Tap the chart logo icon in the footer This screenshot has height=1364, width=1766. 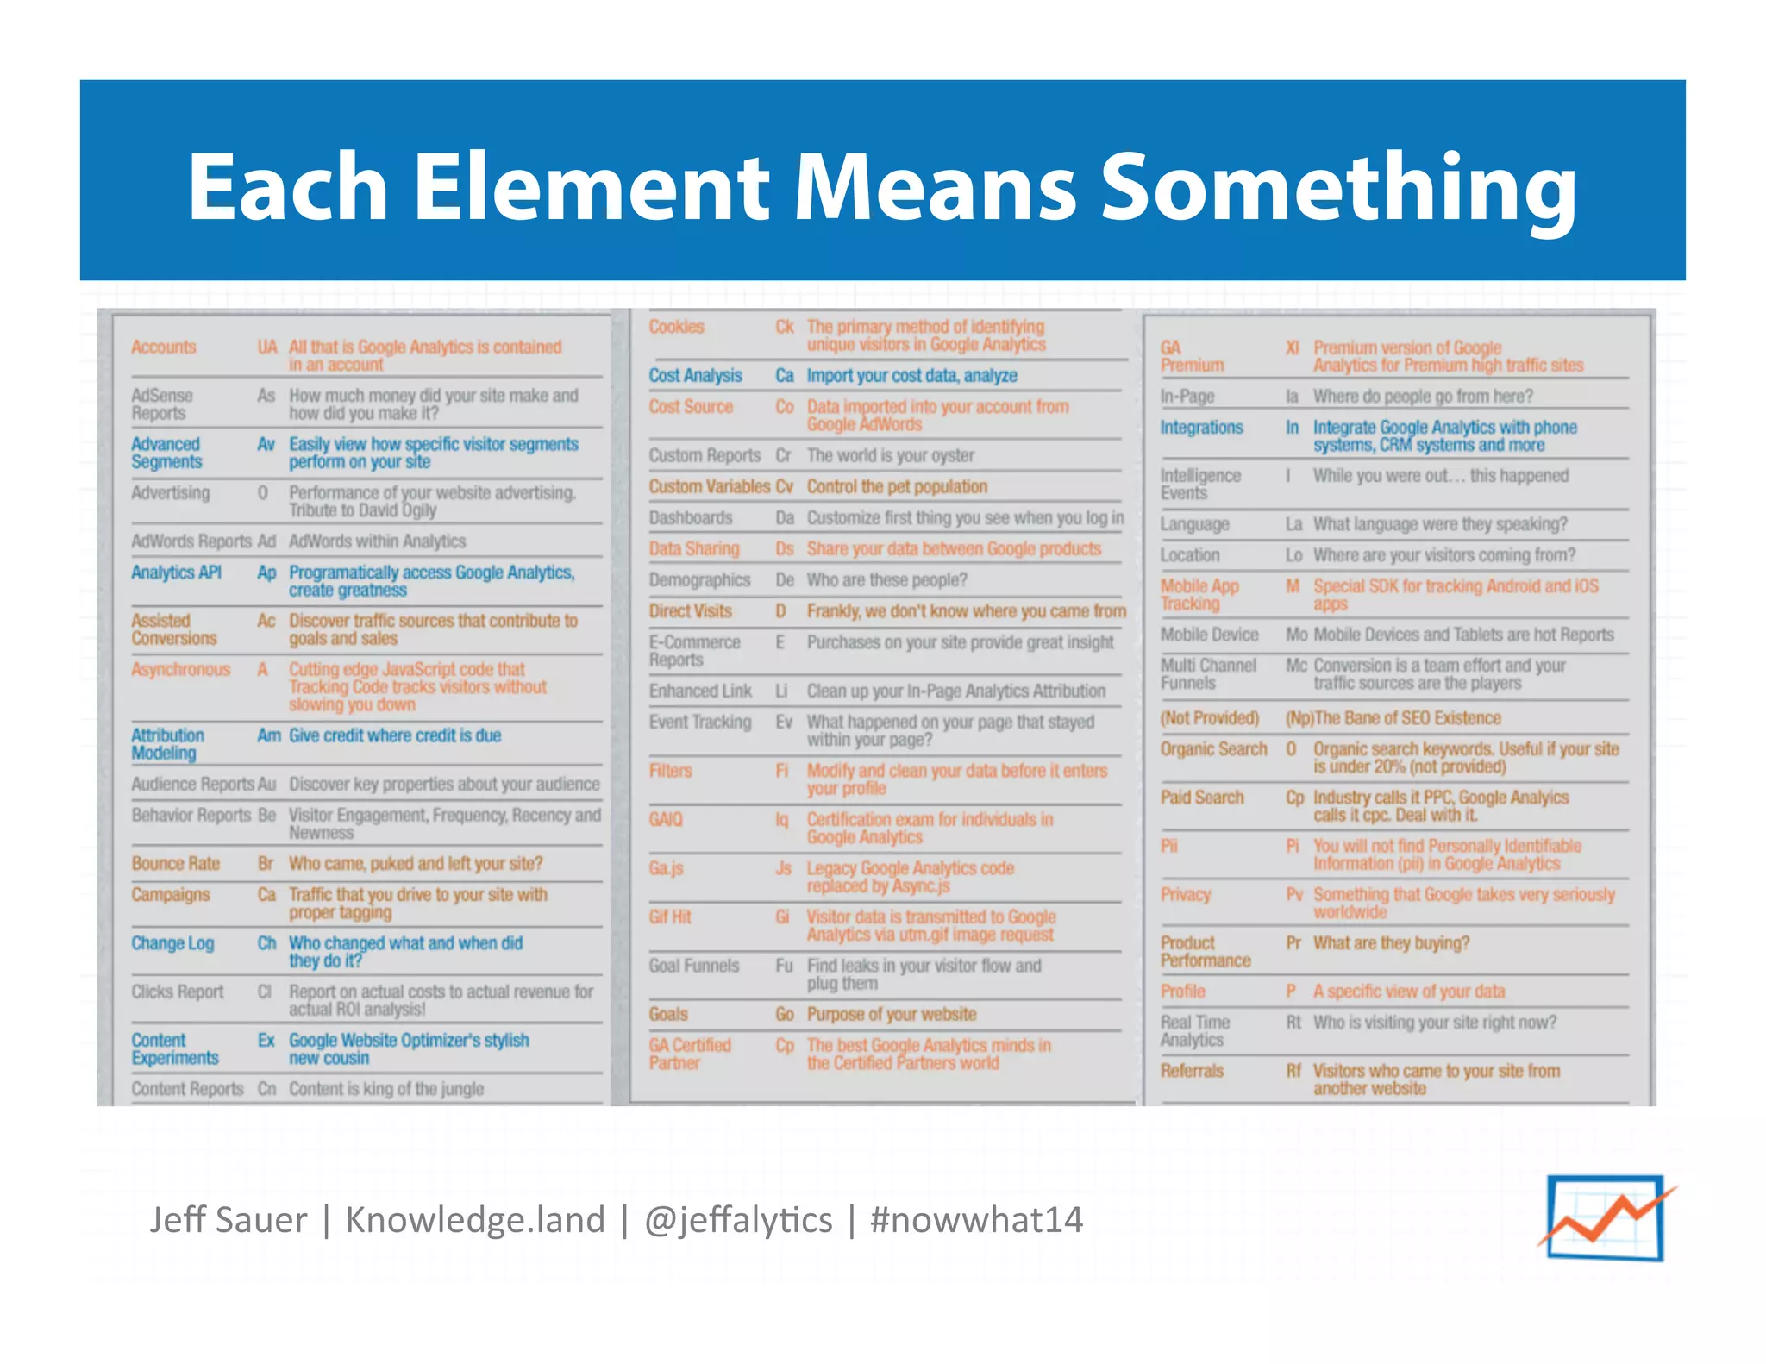pos(1606,1218)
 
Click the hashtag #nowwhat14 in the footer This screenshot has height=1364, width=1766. pos(976,1220)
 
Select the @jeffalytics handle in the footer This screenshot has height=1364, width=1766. pos(738,1220)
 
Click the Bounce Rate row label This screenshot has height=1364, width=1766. pos(176,864)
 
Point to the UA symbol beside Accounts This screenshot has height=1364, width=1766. pos(267,347)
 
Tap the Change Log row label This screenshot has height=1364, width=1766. pos(172,943)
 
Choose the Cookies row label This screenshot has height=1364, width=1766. pos(677,327)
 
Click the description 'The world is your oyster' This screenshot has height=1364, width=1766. pos(890,455)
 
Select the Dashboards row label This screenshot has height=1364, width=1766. pos(691,517)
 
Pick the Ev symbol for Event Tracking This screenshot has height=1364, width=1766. pos(784,722)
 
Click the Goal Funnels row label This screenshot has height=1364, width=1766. pos(694,966)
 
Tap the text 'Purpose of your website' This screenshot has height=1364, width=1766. pos(892,1014)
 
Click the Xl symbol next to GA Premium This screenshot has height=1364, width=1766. pos(1293,347)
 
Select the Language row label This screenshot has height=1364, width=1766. pos(1194,524)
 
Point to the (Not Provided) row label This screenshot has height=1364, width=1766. pos(1210,718)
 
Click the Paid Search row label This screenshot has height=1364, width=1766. pos(1202,798)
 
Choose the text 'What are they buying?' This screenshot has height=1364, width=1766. pos(1391,943)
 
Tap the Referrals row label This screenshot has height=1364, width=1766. pos(1192,1071)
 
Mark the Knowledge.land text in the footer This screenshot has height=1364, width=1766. pos(475,1220)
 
